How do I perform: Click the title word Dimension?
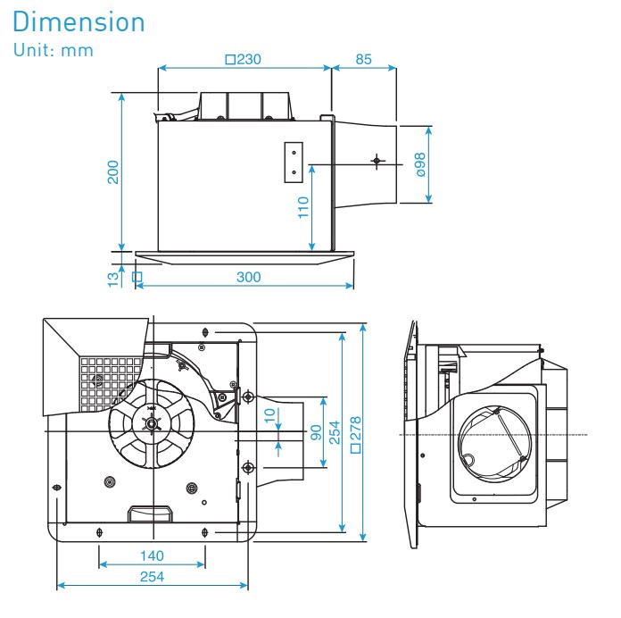(79, 21)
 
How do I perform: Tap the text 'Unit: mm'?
(54, 50)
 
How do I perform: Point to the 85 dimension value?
(363, 60)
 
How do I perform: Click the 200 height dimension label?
(113, 171)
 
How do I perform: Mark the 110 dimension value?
(302, 208)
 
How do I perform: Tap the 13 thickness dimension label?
(113, 279)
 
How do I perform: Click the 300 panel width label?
(248, 277)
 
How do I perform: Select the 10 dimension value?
(269, 418)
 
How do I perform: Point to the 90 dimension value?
(314, 431)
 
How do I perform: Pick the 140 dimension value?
(152, 555)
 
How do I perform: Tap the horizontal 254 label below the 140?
(152, 577)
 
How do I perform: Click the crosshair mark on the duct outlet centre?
(376, 162)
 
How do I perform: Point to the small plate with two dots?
(293, 163)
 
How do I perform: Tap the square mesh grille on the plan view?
(112, 380)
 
